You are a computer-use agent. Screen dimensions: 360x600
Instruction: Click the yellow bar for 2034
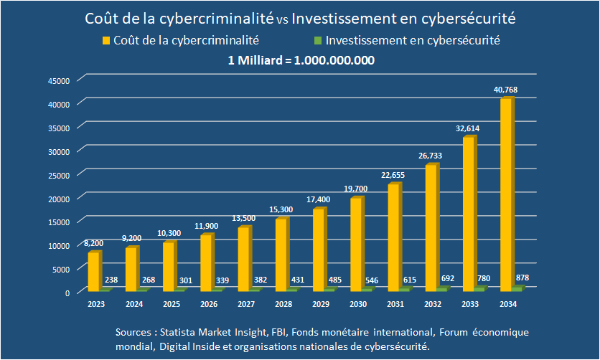point(506,194)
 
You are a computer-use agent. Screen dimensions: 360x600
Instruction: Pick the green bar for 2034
point(517,288)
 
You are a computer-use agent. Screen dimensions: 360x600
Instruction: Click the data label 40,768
point(505,90)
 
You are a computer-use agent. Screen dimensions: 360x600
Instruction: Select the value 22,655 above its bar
point(393,175)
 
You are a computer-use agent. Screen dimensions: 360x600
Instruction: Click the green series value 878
point(522,278)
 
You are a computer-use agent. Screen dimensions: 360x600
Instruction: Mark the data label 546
point(372,280)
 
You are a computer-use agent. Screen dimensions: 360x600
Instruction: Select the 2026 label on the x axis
point(209,305)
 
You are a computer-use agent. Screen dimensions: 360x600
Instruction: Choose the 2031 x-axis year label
point(395,305)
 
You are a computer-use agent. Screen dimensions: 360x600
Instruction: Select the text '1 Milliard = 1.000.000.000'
point(301,60)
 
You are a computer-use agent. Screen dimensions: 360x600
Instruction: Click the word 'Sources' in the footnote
point(135,333)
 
